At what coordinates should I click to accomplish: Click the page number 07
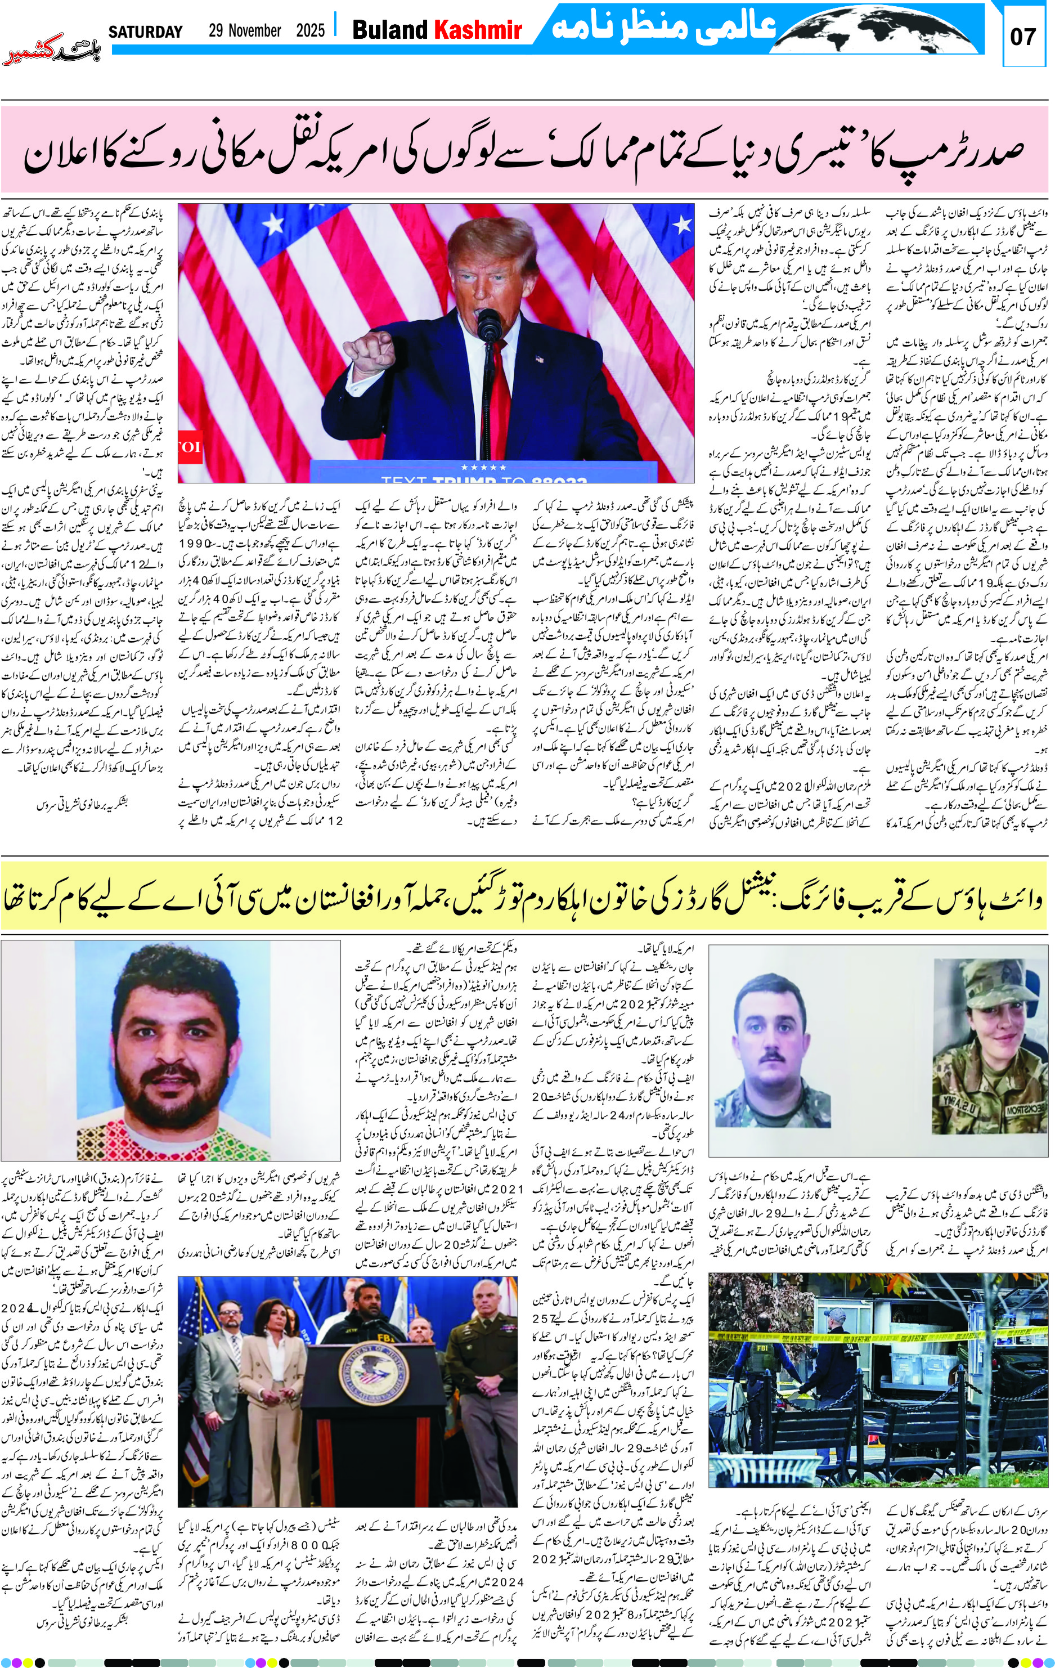[1022, 36]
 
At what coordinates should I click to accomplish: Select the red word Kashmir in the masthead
[477, 30]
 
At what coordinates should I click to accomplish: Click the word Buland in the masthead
[390, 30]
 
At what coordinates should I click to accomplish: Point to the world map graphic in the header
[887, 31]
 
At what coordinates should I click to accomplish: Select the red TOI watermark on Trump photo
[188, 447]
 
